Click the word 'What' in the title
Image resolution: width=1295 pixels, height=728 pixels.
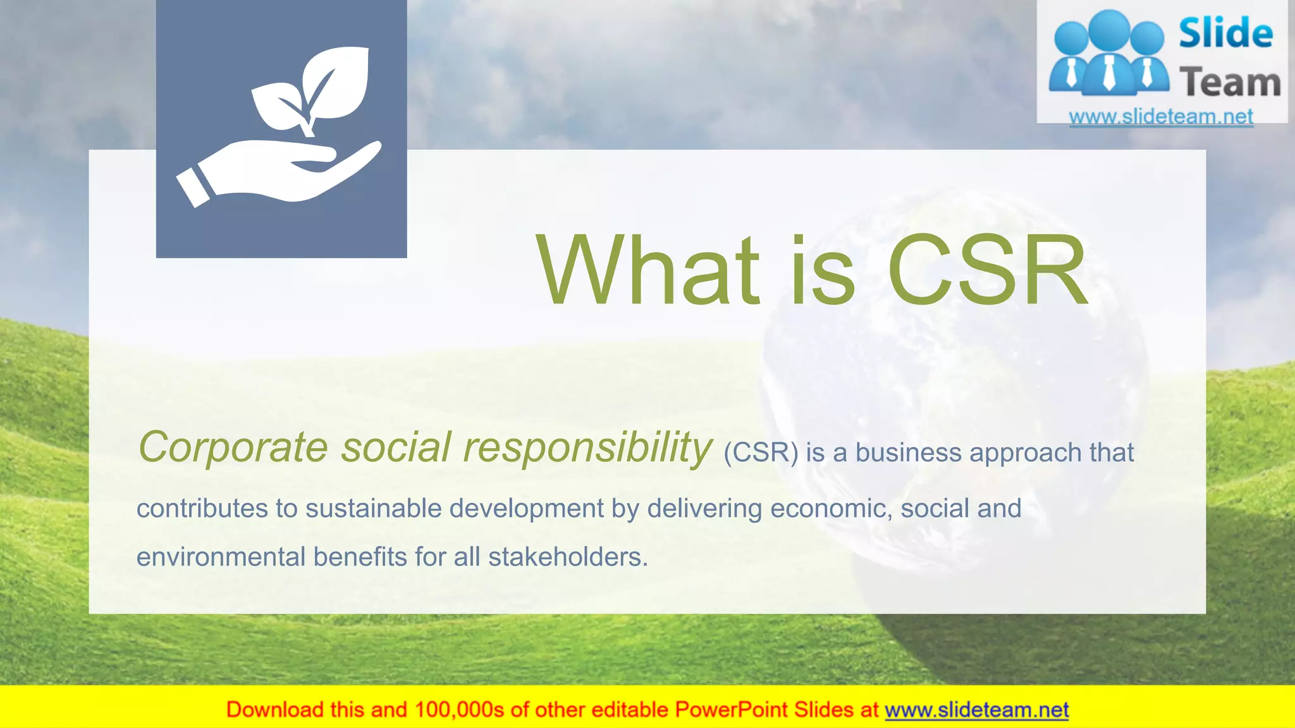(x=647, y=270)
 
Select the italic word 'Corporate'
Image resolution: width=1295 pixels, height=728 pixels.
(x=233, y=447)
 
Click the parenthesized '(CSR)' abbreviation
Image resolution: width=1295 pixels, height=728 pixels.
(x=761, y=453)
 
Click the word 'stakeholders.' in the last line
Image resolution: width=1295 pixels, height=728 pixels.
(x=568, y=557)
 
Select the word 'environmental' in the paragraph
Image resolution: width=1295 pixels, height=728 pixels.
(x=221, y=557)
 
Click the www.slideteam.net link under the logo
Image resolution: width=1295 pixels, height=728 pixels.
(x=1161, y=117)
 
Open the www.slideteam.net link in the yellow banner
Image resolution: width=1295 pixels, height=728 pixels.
(x=976, y=710)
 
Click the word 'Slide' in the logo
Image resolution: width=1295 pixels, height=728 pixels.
(x=1225, y=33)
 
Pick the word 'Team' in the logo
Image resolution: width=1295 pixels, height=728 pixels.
(x=1229, y=83)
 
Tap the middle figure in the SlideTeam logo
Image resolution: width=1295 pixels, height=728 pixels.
(x=1109, y=54)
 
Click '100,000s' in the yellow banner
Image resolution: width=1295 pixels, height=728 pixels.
(x=459, y=710)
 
